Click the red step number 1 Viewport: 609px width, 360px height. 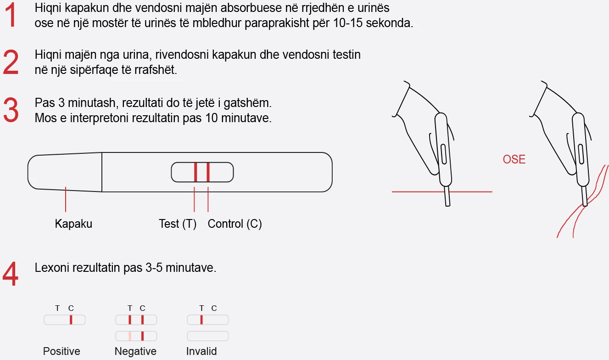(11, 16)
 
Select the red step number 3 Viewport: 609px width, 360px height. (11, 110)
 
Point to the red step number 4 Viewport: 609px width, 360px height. (11, 275)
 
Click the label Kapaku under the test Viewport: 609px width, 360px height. (73, 224)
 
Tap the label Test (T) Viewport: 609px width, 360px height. (178, 224)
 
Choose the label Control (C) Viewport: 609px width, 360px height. (235, 224)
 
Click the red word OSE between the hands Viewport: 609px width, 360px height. (514, 160)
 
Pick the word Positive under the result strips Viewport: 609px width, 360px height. (61, 352)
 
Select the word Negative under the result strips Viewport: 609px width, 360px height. (135, 352)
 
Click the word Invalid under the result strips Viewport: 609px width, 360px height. (201, 352)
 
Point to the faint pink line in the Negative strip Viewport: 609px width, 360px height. (130, 336)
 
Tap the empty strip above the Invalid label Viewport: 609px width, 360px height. (208, 336)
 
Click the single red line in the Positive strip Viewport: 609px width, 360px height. (71, 320)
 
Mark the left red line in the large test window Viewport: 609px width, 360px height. (196, 172)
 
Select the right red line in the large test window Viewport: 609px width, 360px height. (208, 172)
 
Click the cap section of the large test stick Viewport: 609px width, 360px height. (64, 172)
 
